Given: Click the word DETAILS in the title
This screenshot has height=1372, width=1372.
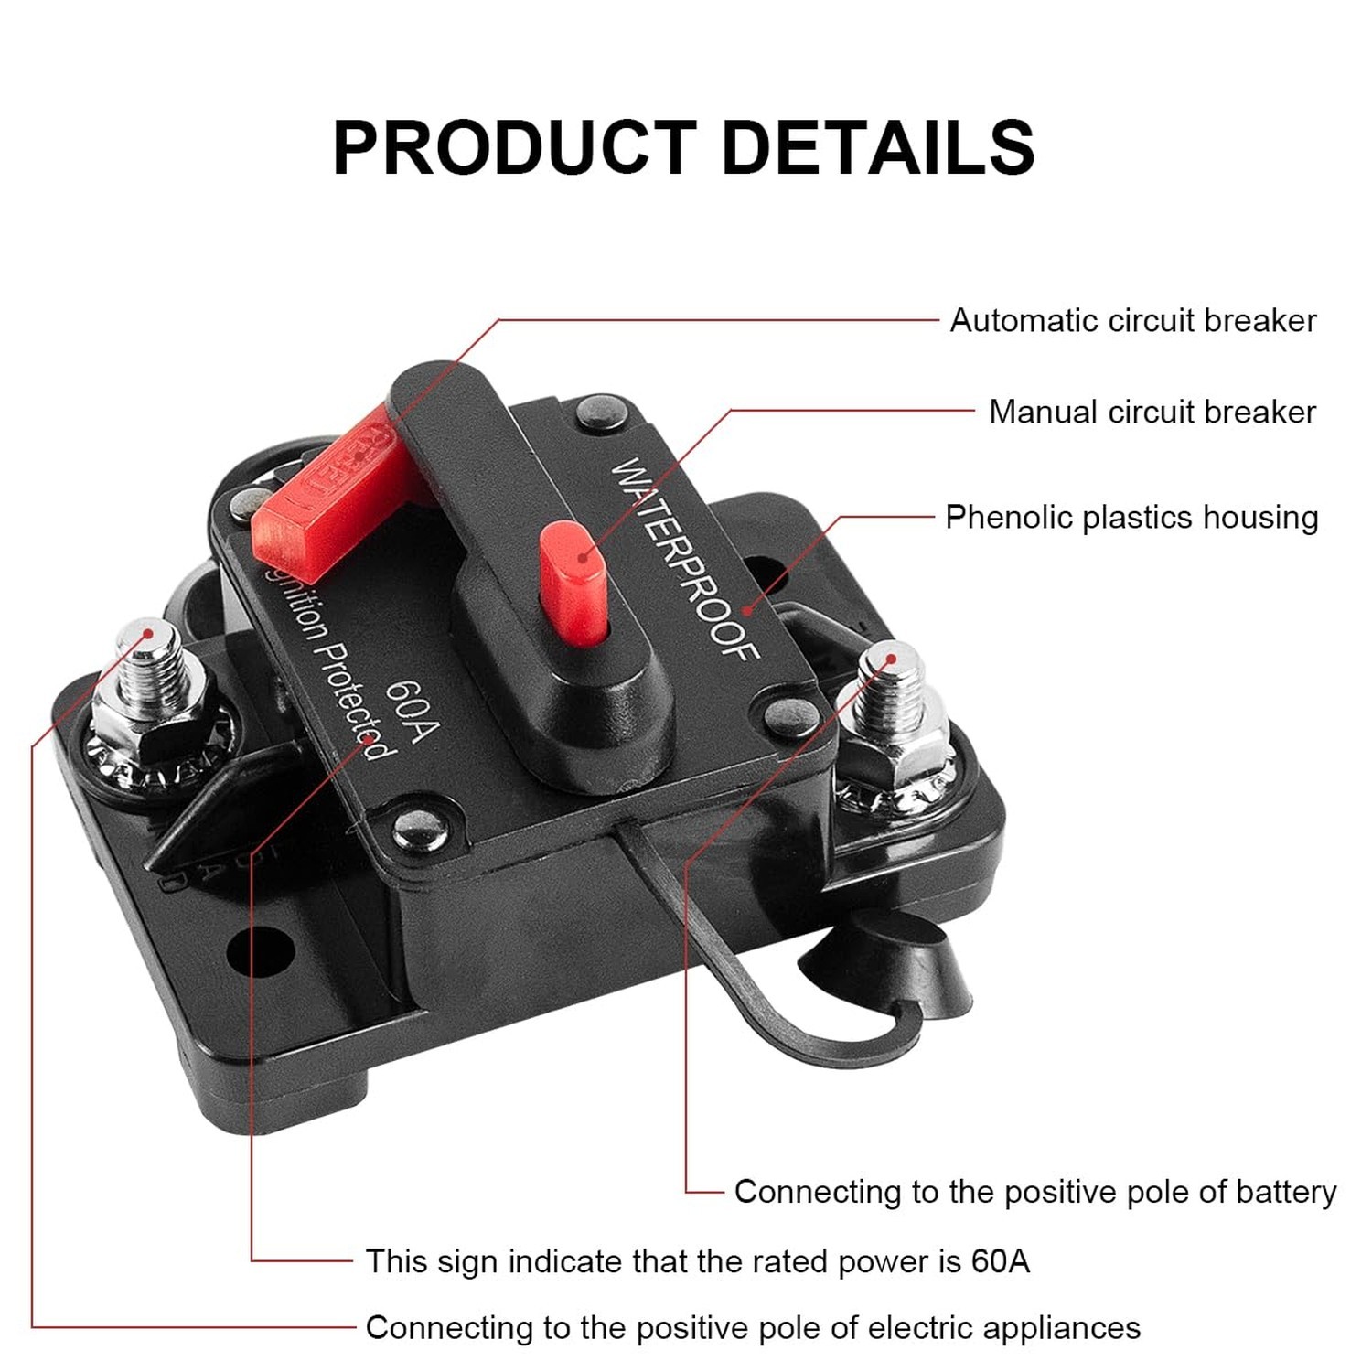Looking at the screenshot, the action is (x=878, y=147).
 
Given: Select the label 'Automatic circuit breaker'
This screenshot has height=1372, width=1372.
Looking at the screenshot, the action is (x=1132, y=321).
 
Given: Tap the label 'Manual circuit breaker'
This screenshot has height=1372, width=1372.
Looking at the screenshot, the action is (x=1152, y=413).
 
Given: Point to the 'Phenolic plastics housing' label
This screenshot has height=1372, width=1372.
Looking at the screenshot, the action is (x=1131, y=518).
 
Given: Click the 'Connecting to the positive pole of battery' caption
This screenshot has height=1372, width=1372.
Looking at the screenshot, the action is (x=1034, y=1192).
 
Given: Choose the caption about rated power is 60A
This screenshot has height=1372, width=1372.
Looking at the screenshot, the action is (x=697, y=1261).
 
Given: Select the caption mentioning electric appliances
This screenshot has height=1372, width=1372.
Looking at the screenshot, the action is (x=753, y=1328).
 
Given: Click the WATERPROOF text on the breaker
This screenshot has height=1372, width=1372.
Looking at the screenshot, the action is (x=684, y=558).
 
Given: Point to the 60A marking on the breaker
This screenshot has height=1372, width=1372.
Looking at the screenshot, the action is (x=413, y=713).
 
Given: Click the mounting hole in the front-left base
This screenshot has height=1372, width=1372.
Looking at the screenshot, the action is (x=260, y=951).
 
